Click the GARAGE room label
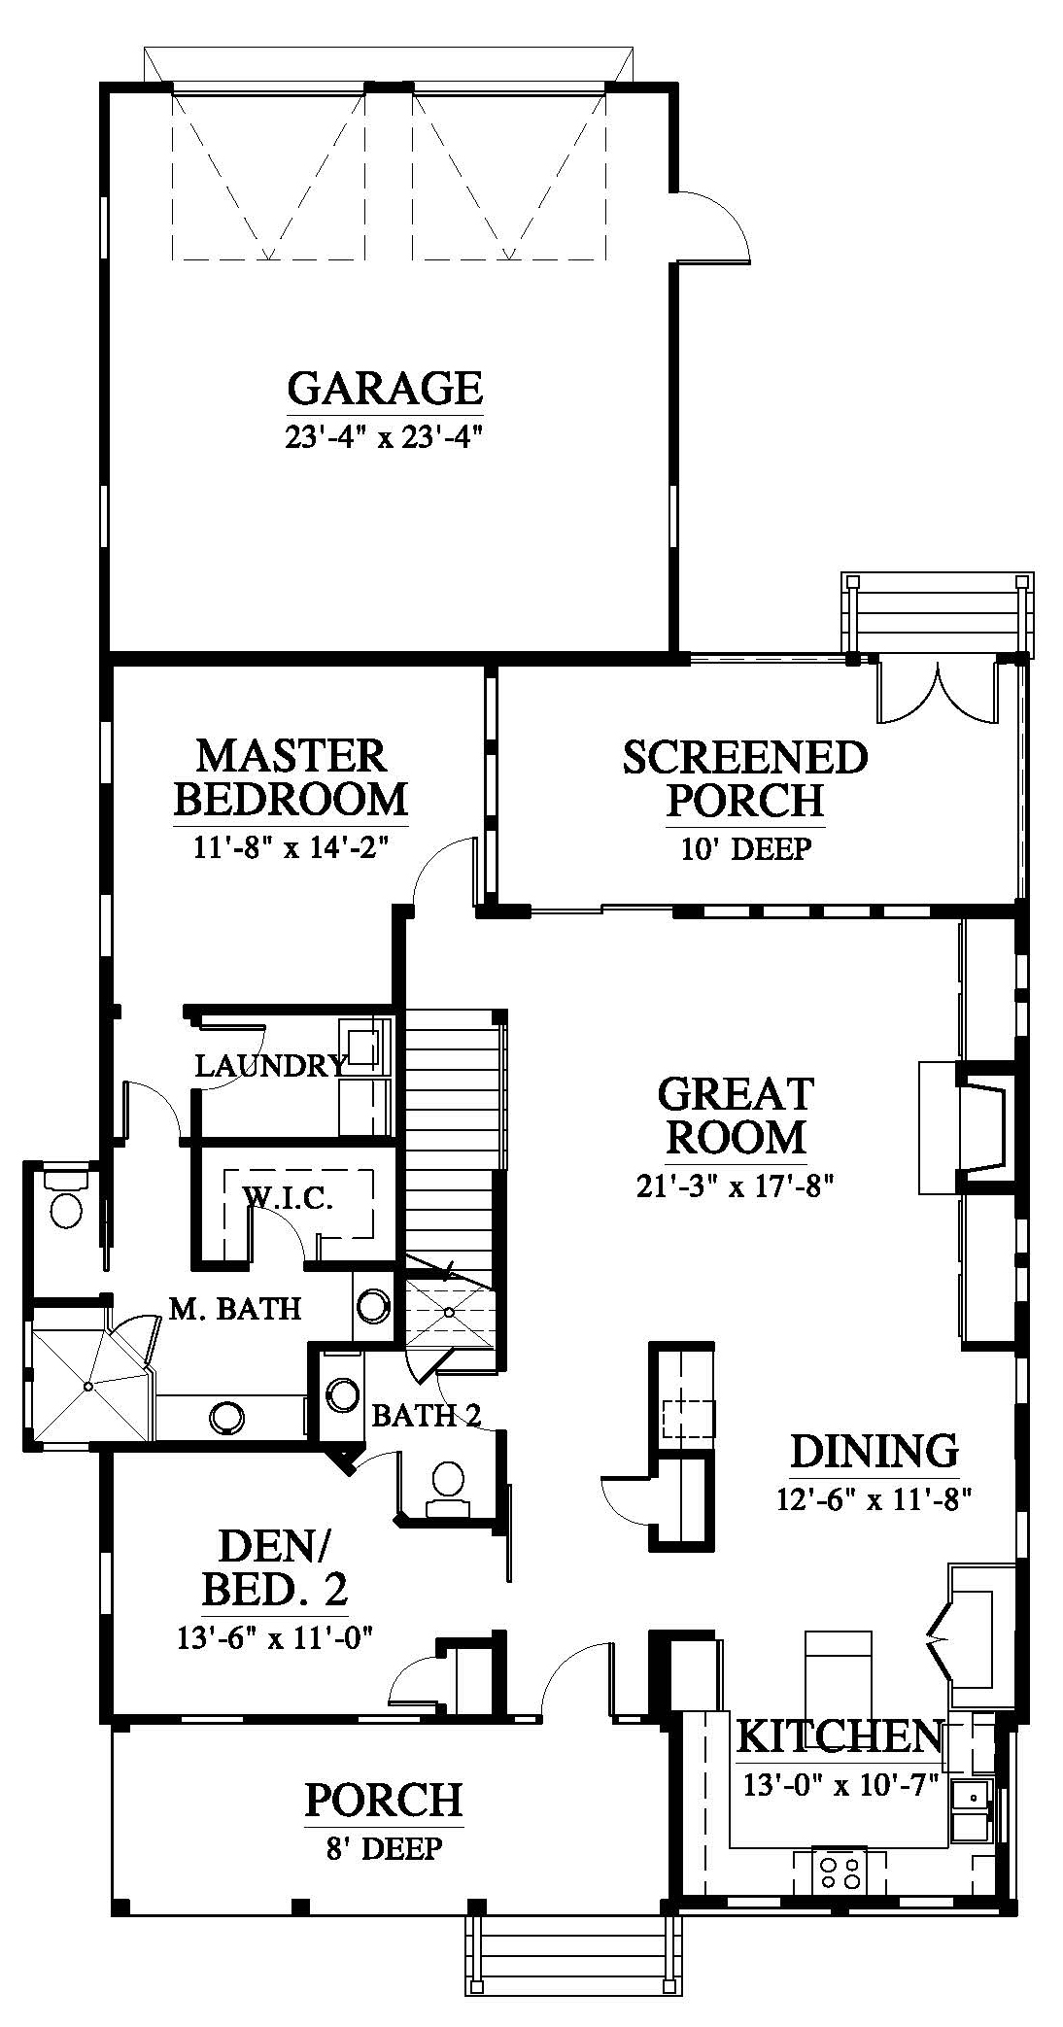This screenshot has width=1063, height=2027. click(x=385, y=388)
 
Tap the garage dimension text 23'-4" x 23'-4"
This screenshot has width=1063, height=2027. click(x=385, y=437)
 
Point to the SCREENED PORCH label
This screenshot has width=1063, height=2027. click(x=745, y=778)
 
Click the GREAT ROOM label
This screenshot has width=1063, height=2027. click(x=736, y=1115)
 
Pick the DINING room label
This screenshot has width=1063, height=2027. click(x=874, y=1451)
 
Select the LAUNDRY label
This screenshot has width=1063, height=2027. click(x=271, y=1066)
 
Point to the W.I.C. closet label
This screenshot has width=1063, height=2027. click(x=288, y=1198)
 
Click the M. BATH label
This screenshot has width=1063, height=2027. click(x=234, y=1308)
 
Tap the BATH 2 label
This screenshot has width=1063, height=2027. click(x=427, y=1415)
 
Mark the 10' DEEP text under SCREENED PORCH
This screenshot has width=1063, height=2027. click(x=746, y=849)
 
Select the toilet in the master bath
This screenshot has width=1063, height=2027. click(x=65, y=1201)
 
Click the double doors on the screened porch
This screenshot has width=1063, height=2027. click(x=938, y=692)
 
